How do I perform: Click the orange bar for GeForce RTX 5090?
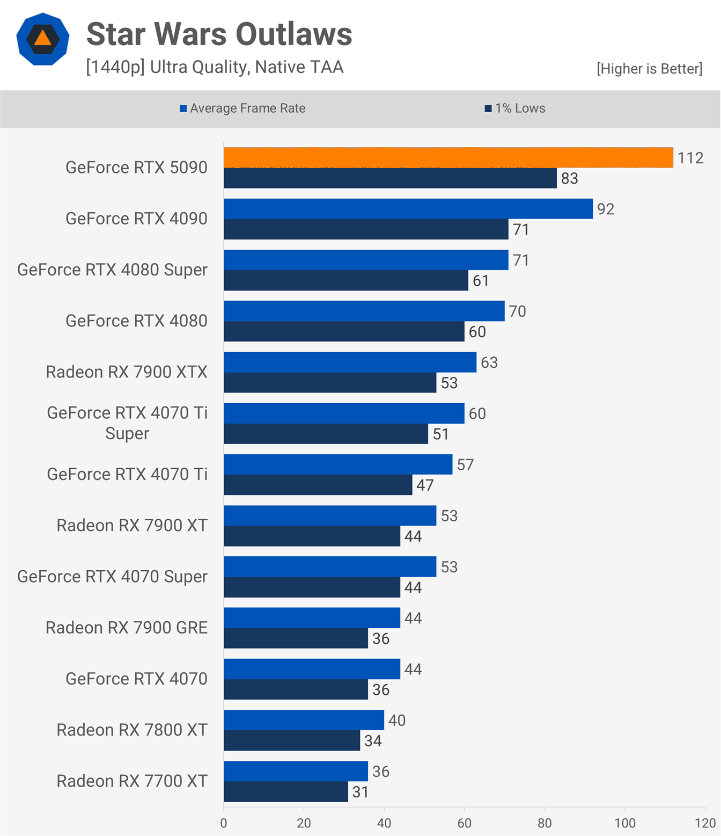(448, 157)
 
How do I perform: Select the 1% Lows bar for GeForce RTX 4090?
(366, 229)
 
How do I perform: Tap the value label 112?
(690, 158)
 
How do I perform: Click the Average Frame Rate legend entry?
(242, 108)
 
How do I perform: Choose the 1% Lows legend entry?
(515, 108)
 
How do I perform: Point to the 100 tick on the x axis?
(624, 823)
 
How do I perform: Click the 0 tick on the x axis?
(224, 823)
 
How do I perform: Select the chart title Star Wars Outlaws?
(219, 34)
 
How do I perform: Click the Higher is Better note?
(649, 69)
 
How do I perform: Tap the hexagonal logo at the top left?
(43, 39)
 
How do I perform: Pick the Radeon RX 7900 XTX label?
(127, 372)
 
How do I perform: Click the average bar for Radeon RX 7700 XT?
(296, 771)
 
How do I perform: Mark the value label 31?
(360, 792)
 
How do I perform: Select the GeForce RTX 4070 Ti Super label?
(127, 423)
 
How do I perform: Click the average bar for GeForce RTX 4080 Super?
(366, 260)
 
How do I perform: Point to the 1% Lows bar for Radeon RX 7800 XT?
(292, 740)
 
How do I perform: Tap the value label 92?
(606, 209)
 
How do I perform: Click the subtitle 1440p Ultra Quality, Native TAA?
(215, 67)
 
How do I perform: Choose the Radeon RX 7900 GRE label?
(127, 627)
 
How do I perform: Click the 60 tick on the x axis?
(465, 823)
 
